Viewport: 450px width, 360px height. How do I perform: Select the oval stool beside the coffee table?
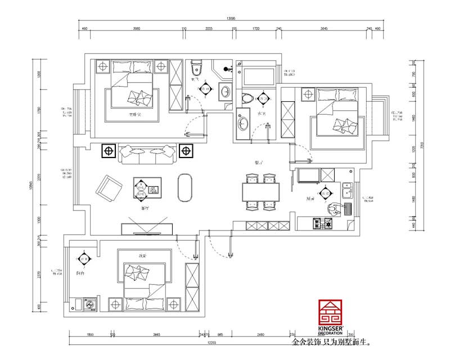[184, 187]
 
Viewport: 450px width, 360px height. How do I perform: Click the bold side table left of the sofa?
[109, 151]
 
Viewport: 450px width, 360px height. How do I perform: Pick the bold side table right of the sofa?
[185, 151]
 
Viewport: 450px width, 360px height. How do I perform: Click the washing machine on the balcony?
[90, 304]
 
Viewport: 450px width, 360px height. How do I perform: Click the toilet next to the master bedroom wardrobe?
[196, 70]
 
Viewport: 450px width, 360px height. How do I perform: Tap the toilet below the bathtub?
[246, 99]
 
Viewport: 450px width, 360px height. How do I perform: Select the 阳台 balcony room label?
[80, 273]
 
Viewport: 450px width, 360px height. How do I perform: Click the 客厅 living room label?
[145, 208]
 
